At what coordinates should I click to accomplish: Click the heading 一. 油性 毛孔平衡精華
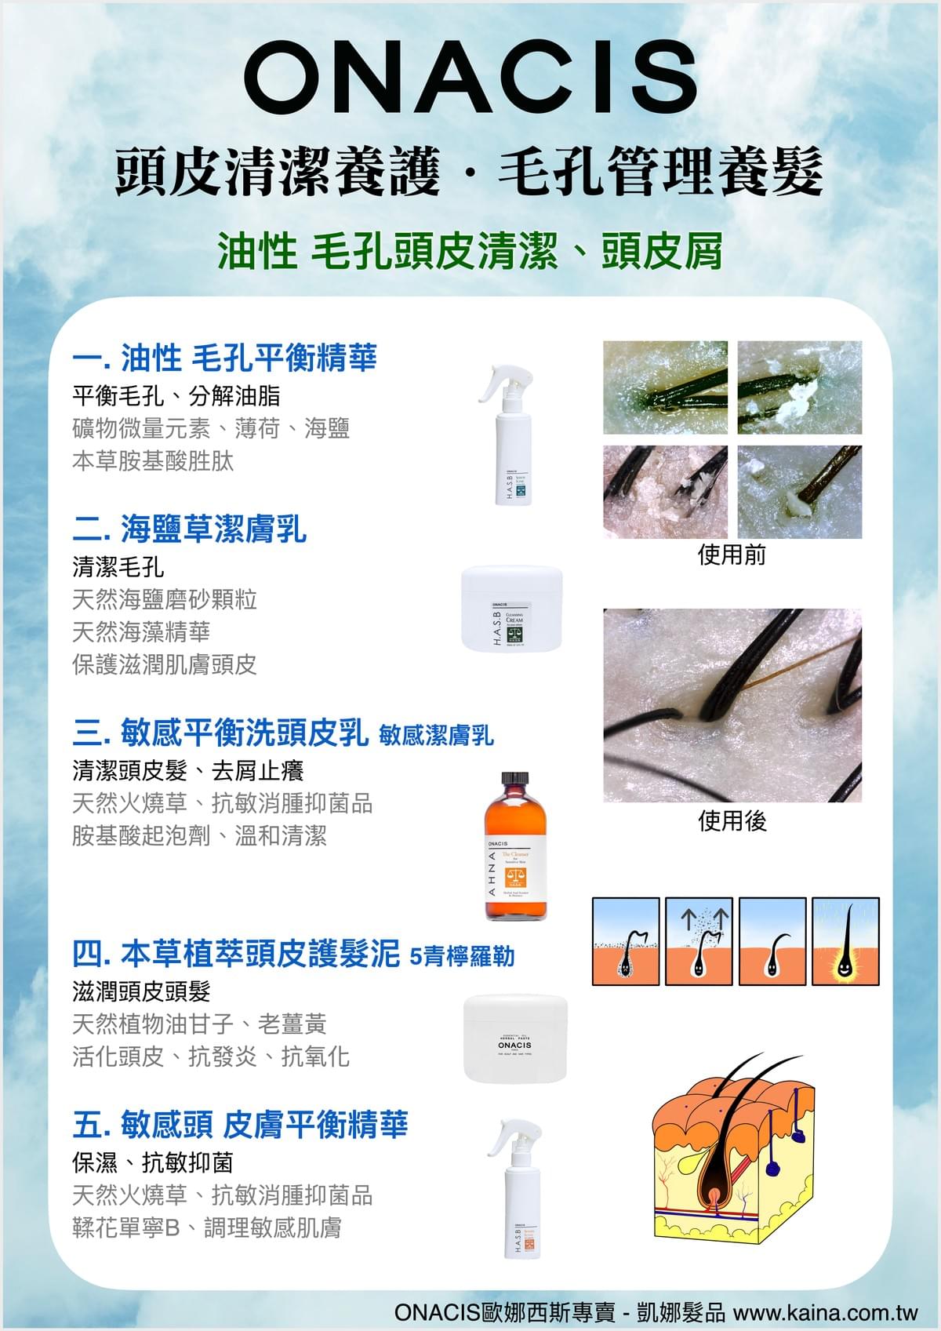coord(224,358)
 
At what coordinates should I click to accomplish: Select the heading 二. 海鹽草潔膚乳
coord(189,529)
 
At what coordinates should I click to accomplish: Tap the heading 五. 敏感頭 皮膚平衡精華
coord(240,1125)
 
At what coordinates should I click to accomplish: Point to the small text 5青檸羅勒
coord(463,956)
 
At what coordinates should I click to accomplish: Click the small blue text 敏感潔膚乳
coord(436,735)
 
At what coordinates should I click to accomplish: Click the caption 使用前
coord(732,555)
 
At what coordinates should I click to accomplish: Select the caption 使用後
coord(732,821)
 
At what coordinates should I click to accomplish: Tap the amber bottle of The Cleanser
coord(515,845)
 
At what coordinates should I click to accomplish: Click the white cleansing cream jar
coord(512,609)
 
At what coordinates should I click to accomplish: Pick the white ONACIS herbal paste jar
coord(515,1038)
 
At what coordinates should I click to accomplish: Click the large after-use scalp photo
coord(732,705)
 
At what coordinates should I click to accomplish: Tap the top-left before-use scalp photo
coord(665,387)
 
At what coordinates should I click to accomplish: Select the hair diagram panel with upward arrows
coord(699,941)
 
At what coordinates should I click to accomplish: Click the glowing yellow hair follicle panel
coord(845,941)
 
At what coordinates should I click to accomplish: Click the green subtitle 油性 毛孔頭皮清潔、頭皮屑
coord(470,252)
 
